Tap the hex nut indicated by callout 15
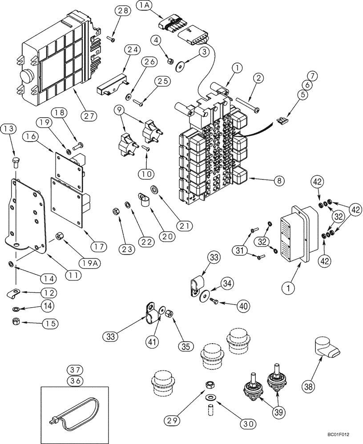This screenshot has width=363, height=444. click(x=16, y=321)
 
